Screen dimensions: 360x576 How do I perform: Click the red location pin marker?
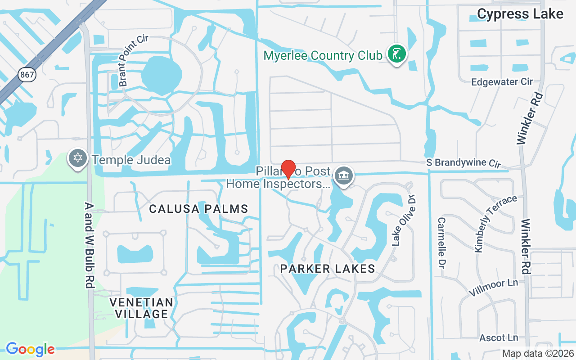click(x=288, y=170)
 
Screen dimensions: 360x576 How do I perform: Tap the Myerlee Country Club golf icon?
click(x=396, y=54)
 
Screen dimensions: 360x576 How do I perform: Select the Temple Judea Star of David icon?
click(x=78, y=158)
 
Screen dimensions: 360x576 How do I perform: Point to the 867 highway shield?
click(x=27, y=74)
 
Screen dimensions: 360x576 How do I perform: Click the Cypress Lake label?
click(x=520, y=14)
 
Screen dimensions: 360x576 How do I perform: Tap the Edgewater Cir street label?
click(x=502, y=82)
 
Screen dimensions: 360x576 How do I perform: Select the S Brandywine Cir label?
click(x=463, y=163)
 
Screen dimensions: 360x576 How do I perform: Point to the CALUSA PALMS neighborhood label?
click(x=198, y=209)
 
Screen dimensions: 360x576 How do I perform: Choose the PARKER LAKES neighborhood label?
click(x=328, y=269)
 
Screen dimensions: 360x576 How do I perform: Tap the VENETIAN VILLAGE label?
click(x=142, y=308)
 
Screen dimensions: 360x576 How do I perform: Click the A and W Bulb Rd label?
click(x=89, y=245)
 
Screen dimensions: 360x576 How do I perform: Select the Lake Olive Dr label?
click(x=402, y=220)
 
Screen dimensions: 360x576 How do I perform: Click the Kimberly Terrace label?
click(x=495, y=224)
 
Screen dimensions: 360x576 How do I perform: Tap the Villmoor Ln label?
click(x=493, y=288)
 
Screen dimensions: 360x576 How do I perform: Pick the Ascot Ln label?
click(x=499, y=337)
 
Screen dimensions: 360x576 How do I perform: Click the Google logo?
click(x=30, y=349)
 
